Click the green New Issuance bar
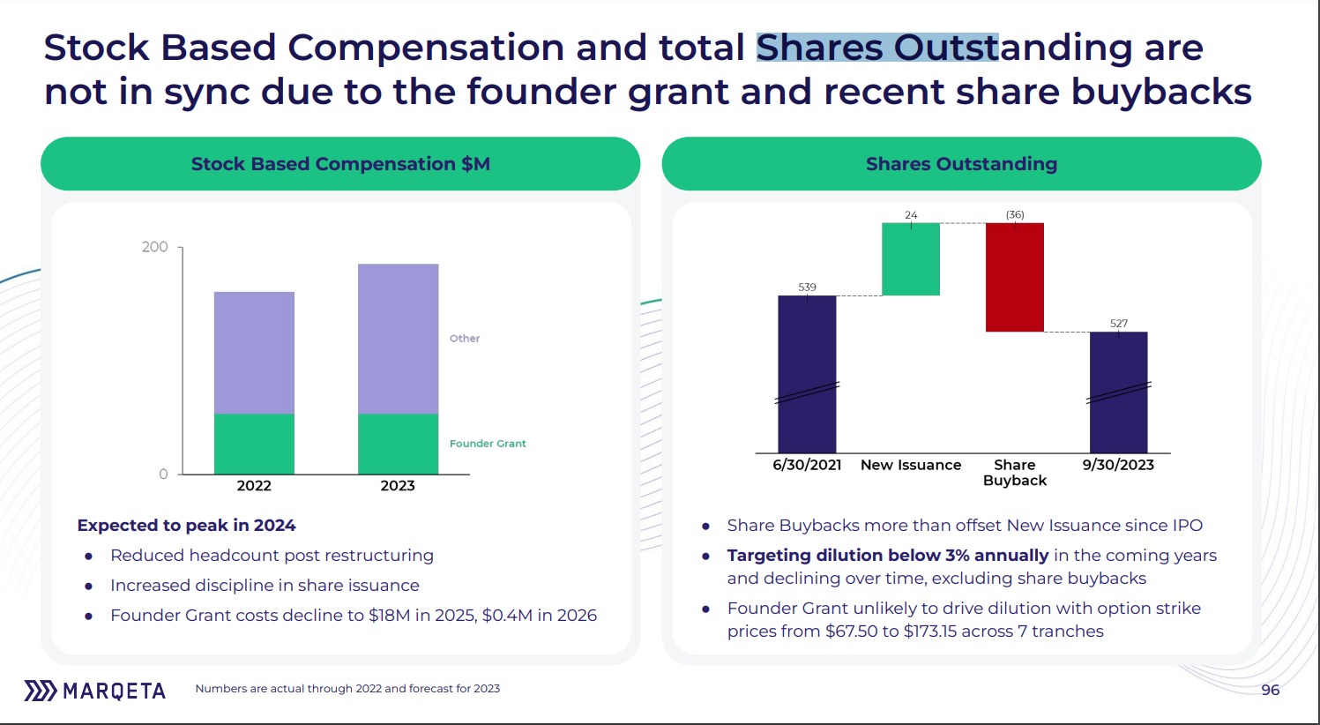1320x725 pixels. click(911, 259)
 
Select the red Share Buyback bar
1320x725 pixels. click(1014, 277)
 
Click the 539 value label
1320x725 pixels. click(807, 288)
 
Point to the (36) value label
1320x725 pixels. click(1015, 215)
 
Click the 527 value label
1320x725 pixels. click(1118, 324)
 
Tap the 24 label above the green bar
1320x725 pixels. click(911, 215)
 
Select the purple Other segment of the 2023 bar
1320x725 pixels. click(398, 339)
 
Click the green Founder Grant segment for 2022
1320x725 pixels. click(254, 444)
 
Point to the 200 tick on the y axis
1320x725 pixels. click(154, 247)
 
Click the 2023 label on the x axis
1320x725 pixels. click(398, 486)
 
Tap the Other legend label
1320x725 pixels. click(465, 339)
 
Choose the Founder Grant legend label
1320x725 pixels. click(488, 444)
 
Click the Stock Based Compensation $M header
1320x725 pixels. click(340, 164)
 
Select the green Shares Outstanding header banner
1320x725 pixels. click(961, 164)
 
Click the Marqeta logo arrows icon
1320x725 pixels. click(40, 691)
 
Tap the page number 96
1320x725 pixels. click(1270, 690)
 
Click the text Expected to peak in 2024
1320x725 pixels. click(186, 526)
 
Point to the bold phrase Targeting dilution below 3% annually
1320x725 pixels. click(888, 556)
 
